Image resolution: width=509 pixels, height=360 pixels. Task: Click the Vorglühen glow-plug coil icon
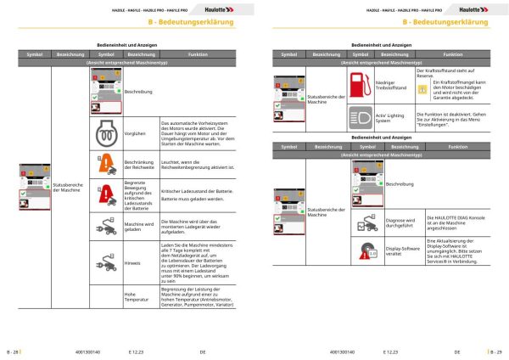(106, 132)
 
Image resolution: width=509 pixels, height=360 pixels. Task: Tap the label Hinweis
(134, 263)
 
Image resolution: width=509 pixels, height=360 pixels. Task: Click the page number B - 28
(14, 350)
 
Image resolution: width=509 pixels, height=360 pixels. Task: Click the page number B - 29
(495, 350)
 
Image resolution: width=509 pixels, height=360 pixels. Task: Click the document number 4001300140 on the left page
(88, 350)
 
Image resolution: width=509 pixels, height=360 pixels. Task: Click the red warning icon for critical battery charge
(106, 194)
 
